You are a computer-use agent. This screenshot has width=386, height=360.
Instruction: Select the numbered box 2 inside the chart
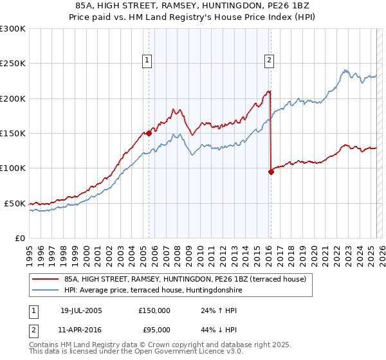coord(268,61)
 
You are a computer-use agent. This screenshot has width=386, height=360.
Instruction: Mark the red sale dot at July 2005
coord(149,134)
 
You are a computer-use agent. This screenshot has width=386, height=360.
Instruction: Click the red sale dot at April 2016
coord(271,172)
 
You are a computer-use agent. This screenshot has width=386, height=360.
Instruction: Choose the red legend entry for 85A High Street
coord(188,279)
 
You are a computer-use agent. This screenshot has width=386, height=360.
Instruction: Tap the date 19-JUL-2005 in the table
coord(81,310)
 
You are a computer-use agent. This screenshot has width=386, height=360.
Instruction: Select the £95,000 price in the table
coord(154,330)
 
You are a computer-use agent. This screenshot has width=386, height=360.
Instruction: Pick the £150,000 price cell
coord(154,310)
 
